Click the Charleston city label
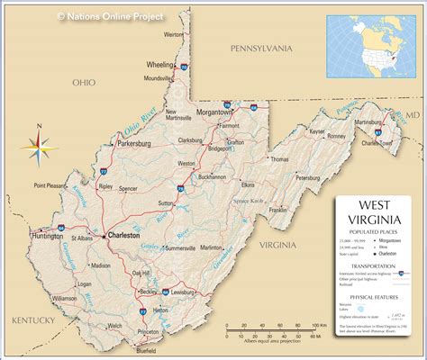point(123,235)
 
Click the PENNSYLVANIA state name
point(262,47)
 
